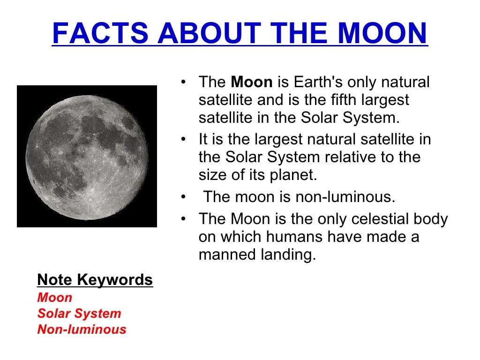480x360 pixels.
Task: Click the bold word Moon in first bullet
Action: point(252,82)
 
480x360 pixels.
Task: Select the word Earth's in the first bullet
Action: point(317,82)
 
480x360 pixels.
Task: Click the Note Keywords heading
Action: point(95,280)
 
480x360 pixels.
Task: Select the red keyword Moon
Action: point(55,298)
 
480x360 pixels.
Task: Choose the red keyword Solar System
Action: point(79,314)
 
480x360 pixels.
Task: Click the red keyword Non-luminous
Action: point(82,330)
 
